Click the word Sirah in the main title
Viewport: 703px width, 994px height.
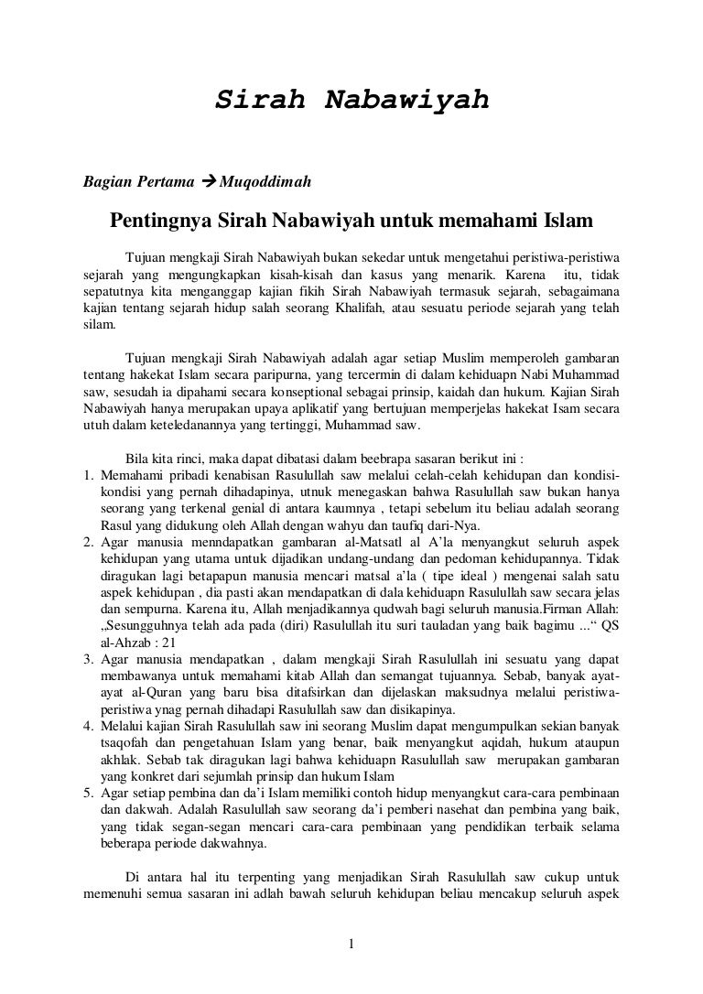259,100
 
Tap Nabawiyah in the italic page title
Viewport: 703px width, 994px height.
404,100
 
